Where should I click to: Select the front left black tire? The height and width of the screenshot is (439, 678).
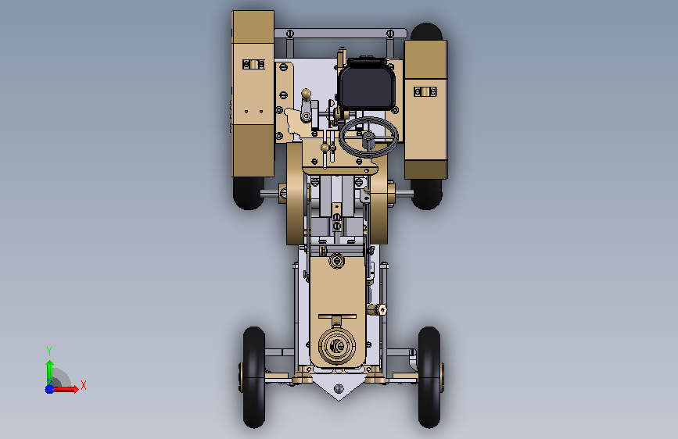click(x=254, y=377)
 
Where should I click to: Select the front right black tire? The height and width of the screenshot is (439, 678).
click(x=429, y=377)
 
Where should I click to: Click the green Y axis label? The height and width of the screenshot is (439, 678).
click(x=49, y=351)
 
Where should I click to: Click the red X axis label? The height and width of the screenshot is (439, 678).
click(x=84, y=385)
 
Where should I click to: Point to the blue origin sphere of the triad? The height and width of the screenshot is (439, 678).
click(x=50, y=389)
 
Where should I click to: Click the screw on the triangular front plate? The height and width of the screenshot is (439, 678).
click(x=339, y=388)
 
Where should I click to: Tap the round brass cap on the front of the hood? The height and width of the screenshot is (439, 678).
click(x=337, y=346)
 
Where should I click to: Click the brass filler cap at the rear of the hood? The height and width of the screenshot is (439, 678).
click(x=336, y=261)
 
